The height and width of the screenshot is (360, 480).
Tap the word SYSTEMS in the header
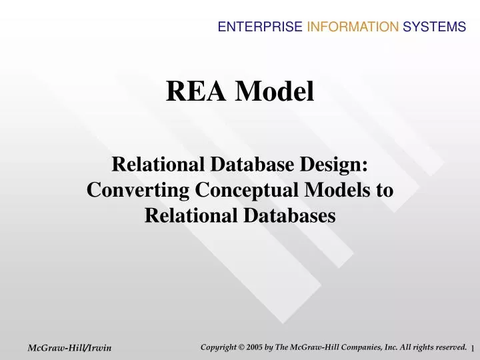click(434, 27)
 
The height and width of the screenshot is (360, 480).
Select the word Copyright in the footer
click(221, 347)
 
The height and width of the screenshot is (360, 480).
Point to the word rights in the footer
click(425, 347)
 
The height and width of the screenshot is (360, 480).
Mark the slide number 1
click(472, 349)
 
